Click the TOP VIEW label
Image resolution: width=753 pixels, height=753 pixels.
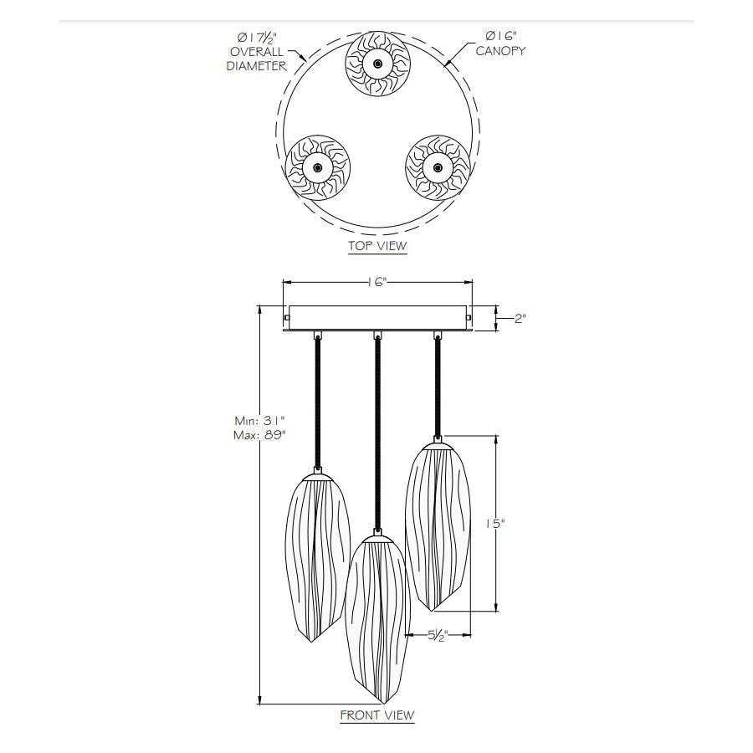click(377, 246)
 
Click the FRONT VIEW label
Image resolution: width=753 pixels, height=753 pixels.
click(377, 715)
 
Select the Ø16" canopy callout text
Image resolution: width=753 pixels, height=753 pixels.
click(500, 44)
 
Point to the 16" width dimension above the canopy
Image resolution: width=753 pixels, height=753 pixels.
click(378, 283)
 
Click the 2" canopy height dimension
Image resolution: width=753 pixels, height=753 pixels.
click(520, 319)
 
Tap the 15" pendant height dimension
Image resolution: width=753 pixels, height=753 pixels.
click(495, 525)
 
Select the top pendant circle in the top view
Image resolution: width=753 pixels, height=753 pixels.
click(378, 64)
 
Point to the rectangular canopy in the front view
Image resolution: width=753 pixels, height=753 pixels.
click(378, 319)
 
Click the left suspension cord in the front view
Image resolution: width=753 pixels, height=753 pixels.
click(317, 402)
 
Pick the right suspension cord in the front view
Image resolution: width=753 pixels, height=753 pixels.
click(438, 385)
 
